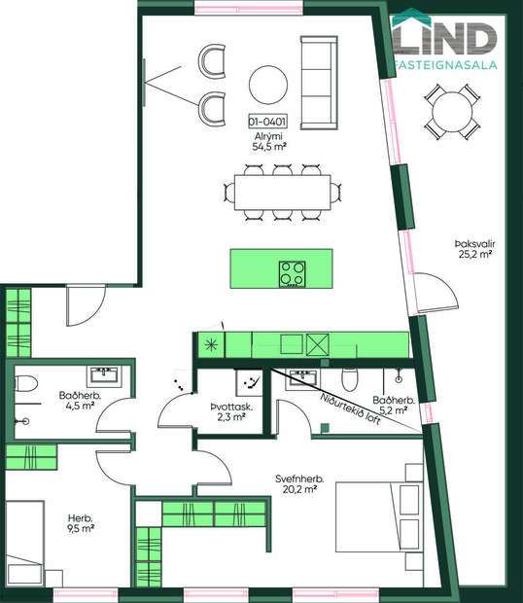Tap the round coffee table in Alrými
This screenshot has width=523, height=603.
pyautogui.click(x=266, y=84)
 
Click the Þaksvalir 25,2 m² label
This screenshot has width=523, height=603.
pyautogui.click(x=471, y=248)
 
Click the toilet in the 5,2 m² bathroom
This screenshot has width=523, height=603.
pyautogui.click(x=355, y=375)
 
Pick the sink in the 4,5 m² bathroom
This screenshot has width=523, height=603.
pyautogui.click(x=102, y=374)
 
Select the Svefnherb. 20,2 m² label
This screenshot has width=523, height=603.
pyautogui.click(x=296, y=483)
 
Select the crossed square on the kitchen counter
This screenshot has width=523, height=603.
pyautogui.click(x=317, y=343)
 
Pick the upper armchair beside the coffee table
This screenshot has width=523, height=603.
pyautogui.click(x=212, y=61)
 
